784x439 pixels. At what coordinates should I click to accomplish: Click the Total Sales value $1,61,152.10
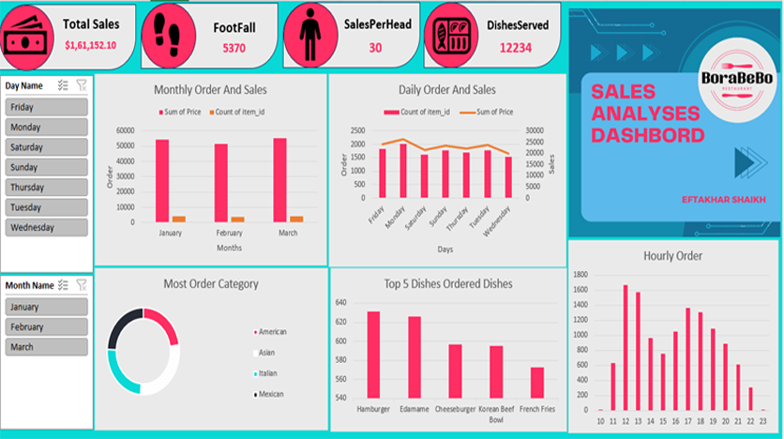point(91,44)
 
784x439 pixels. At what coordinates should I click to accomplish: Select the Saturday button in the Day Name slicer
point(47,147)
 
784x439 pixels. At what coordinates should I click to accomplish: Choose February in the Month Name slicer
point(47,327)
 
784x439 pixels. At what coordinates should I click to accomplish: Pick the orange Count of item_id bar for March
point(296,219)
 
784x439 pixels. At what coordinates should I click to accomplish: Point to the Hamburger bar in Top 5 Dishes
point(373,355)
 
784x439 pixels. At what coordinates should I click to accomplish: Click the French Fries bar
point(536,383)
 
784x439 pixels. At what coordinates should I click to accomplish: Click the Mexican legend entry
point(271,394)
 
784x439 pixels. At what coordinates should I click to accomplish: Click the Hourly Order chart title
point(672,255)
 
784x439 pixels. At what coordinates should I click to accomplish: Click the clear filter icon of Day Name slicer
point(82,85)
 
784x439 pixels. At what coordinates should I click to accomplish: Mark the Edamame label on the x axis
point(415,410)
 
